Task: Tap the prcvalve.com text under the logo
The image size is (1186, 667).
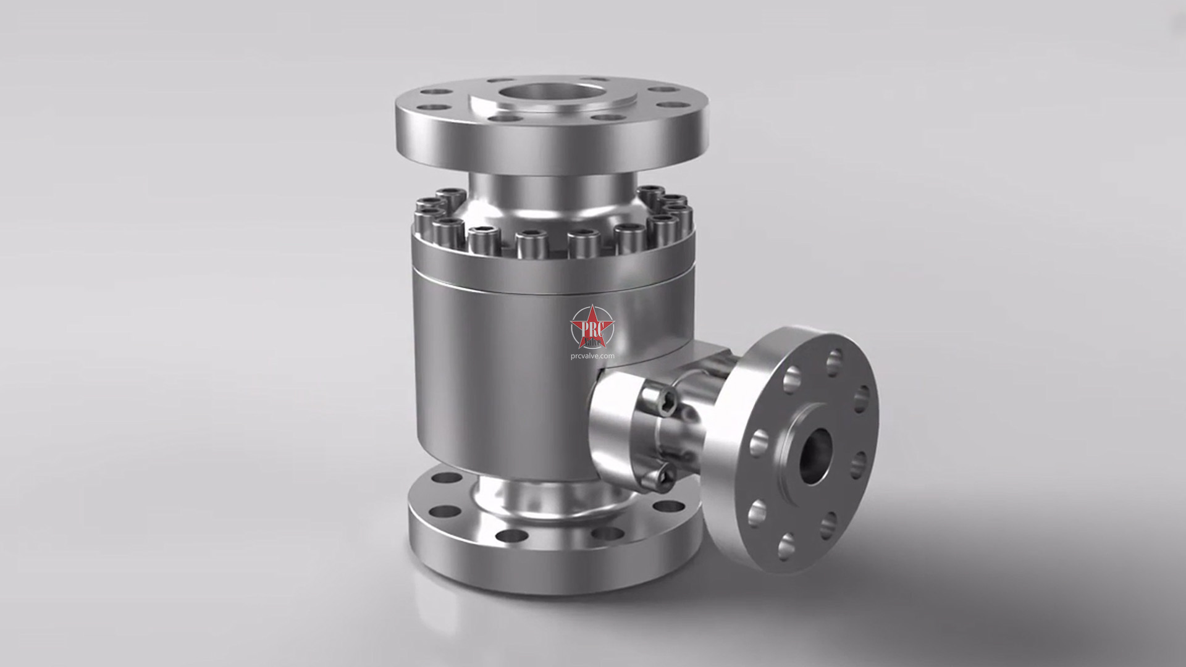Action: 592,356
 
